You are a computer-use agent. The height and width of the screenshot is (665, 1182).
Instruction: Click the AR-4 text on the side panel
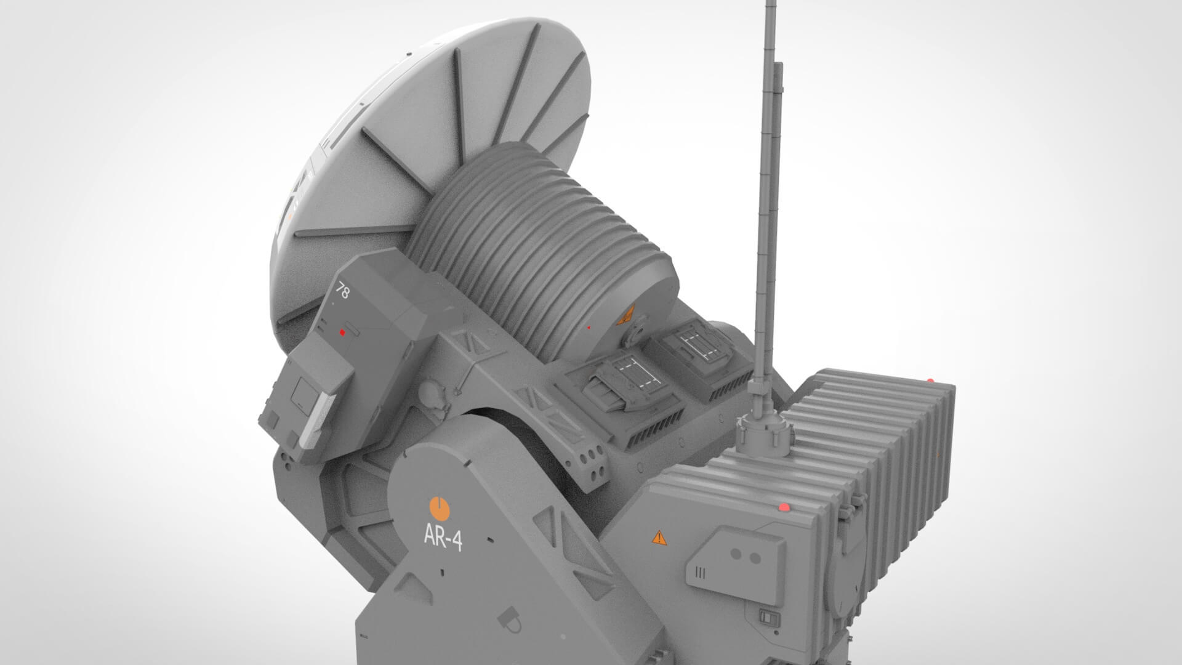coord(443,539)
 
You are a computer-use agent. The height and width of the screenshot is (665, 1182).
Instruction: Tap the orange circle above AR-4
coord(440,509)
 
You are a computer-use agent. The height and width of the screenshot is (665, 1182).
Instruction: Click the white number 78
coord(343,291)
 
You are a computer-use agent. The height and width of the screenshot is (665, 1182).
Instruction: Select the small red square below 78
coord(342,332)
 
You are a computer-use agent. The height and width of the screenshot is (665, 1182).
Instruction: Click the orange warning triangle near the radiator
coord(659,538)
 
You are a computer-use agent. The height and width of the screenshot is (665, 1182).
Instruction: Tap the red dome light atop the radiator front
coord(784,507)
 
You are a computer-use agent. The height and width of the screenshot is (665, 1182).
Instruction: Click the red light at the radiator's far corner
coord(930,381)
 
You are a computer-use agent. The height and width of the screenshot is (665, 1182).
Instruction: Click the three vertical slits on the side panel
coord(699,573)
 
